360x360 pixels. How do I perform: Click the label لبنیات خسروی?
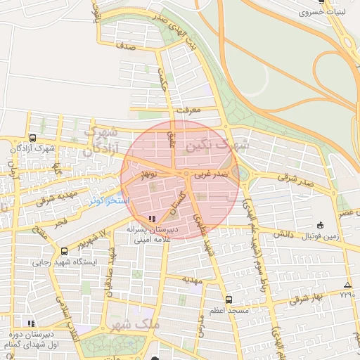click(x=321, y=13)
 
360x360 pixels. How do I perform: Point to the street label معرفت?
click(x=189, y=110)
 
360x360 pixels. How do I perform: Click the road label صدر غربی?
click(x=211, y=172)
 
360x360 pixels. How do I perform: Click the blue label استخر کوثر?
click(x=108, y=201)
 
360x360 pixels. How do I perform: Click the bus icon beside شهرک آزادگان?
click(x=32, y=139)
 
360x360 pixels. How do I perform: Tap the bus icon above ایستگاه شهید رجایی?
click(x=65, y=251)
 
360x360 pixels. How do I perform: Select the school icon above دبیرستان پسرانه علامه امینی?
click(x=153, y=218)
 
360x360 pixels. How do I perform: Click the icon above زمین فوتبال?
click(x=320, y=225)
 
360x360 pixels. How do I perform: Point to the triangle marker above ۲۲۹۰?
click(x=347, y=285)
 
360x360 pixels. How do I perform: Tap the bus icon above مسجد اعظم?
click(x=229, y=300)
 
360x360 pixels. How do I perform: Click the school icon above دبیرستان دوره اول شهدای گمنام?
click(x=30, y=323)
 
